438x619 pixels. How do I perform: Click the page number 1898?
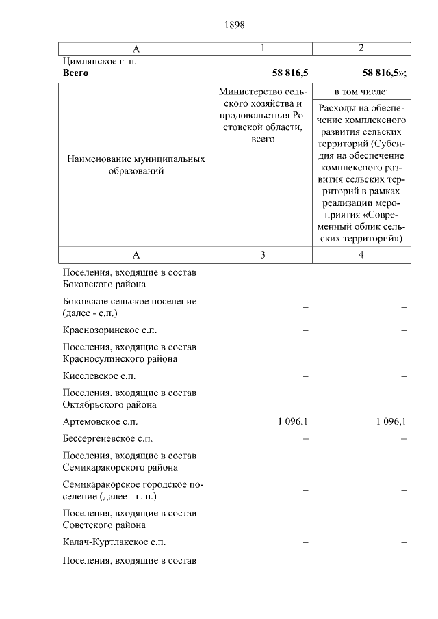[234, 25]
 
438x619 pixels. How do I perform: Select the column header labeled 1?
[263, 48]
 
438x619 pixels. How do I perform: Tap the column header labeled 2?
[361, 48]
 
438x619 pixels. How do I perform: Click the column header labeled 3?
[263, 255]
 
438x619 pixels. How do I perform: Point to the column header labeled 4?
[361, 255]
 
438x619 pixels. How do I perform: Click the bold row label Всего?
[75, 72]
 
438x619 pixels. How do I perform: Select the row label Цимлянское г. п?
[99, 61]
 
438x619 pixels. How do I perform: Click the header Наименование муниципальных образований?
[136, 165]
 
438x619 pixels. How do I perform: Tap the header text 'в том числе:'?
[361, 92]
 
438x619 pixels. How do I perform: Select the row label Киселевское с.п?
[99, 376]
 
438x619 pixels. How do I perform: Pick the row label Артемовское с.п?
[100, 421]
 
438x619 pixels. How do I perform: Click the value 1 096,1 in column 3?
[292, 421]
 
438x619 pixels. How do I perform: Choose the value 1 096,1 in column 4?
[391, 421]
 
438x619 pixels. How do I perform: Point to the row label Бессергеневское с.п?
[107, 438]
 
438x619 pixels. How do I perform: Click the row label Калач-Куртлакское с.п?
[113, 542]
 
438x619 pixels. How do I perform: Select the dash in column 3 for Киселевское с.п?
[306, 376]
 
